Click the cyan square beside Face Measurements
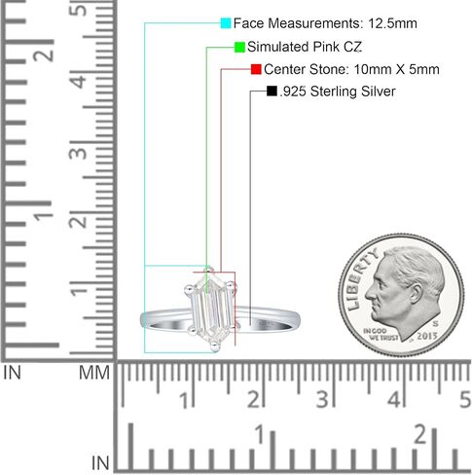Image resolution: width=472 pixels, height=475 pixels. click(x=226, y=23)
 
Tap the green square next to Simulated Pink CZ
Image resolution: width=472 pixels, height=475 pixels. click(x=239, y=47)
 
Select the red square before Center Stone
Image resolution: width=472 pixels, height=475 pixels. click(x=256, y=69)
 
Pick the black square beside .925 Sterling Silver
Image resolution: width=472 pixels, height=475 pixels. click(x=272, y=91)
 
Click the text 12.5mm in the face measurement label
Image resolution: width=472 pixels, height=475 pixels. click(x=392, y=23)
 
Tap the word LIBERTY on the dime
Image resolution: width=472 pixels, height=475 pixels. click(x=362, y=278)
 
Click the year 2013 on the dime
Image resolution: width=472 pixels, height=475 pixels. click(x=427, y=336)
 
